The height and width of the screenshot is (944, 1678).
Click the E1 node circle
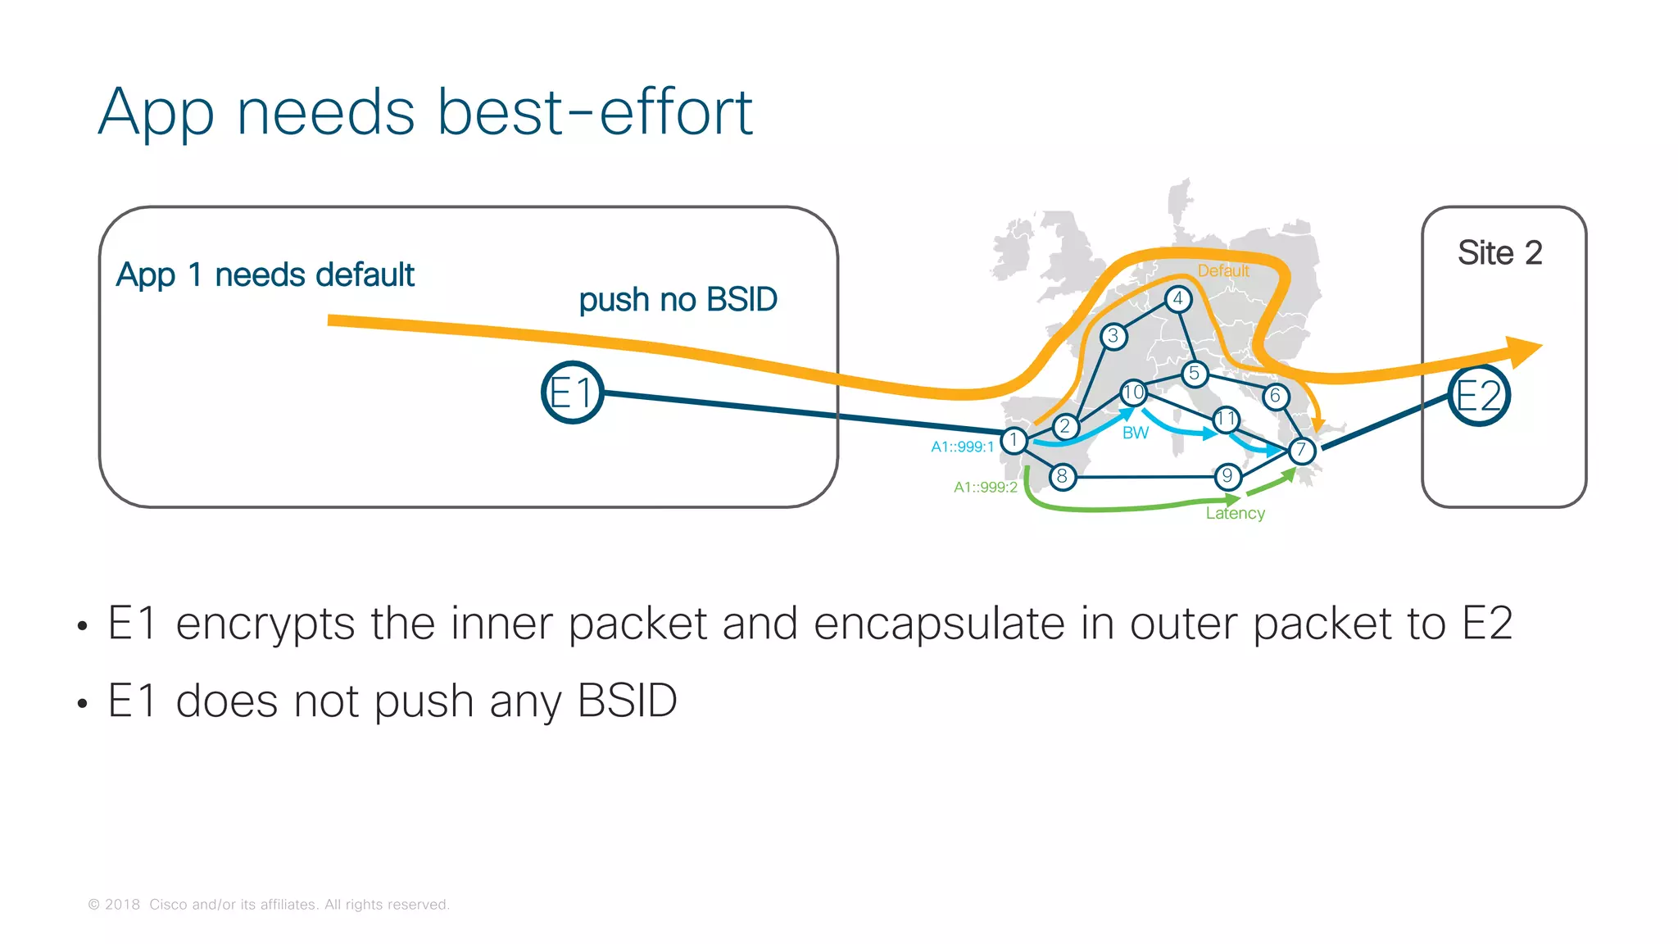(572, 393)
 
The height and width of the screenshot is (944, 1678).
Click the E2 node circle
(1478, 396)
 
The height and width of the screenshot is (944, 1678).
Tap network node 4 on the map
(1177, 299)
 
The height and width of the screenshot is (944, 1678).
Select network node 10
(1133, 393)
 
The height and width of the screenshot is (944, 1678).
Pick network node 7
(1301, 450)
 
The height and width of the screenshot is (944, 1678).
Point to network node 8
(1062, 476)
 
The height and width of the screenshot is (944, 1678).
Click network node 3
(1113, 336)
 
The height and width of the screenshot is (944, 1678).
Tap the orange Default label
(1222, 271)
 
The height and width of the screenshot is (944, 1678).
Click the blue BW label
(1135, 433)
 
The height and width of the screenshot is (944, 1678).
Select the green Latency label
(1235, 513)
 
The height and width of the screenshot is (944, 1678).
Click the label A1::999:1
(962, 447)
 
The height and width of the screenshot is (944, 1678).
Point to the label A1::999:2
(985, 487)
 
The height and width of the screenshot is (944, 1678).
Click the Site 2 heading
(1499, 252)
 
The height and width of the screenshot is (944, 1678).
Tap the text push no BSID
(678, 300)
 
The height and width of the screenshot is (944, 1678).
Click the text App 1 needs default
(265, 275)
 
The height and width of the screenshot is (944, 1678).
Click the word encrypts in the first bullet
(265, 624)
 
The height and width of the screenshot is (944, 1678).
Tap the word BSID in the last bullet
(627, 701)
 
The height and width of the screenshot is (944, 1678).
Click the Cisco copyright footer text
(269, 905)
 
